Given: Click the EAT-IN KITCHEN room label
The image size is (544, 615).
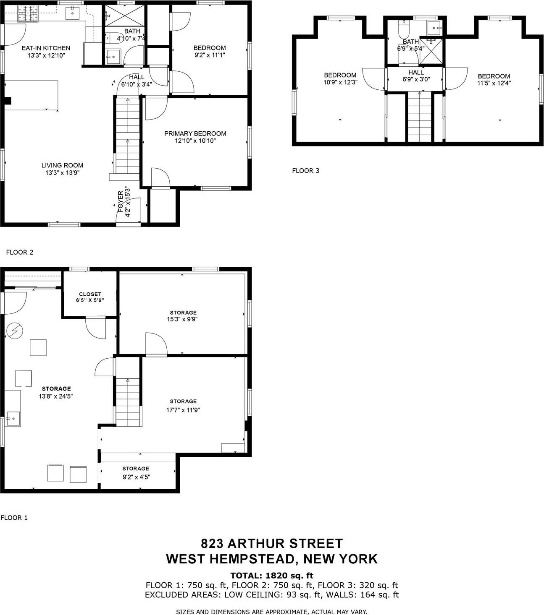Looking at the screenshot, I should pyautogui.click(x=46, y=48).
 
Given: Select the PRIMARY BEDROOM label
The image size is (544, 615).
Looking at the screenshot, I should pyautogui.click(x=195, y=133).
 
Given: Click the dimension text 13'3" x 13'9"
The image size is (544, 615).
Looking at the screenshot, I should pyautogui.click(x=62, y=172).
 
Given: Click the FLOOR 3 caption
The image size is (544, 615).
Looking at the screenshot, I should pyautogui.click(x=305, y=171).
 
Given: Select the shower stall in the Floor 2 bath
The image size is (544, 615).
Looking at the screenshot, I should pyautogui.click(x=124, y=16).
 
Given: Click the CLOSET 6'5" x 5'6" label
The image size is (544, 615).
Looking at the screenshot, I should pyautogui.click(x=90, y=297).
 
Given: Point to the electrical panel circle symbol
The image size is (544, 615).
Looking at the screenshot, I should pyautogui.click(x=14, y=331).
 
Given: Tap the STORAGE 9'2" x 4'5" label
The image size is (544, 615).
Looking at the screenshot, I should pyautogui.click(x=136, y=472).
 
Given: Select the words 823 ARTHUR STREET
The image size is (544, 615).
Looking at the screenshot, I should pyautogui.click(x=272, y=544).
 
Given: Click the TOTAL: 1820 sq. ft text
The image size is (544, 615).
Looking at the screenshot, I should pyautogui.click(x=272, y=576).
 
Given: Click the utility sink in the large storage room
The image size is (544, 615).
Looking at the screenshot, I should pyautogui.click(x=13, y=419).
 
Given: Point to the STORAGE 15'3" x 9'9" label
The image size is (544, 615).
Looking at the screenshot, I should pyautogui.click(x=183, y=315).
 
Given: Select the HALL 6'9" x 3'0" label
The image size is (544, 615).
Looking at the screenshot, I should pyautogui.click(x=416, y=76).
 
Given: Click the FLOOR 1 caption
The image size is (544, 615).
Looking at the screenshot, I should pyautogui.click(x=14, y=518).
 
